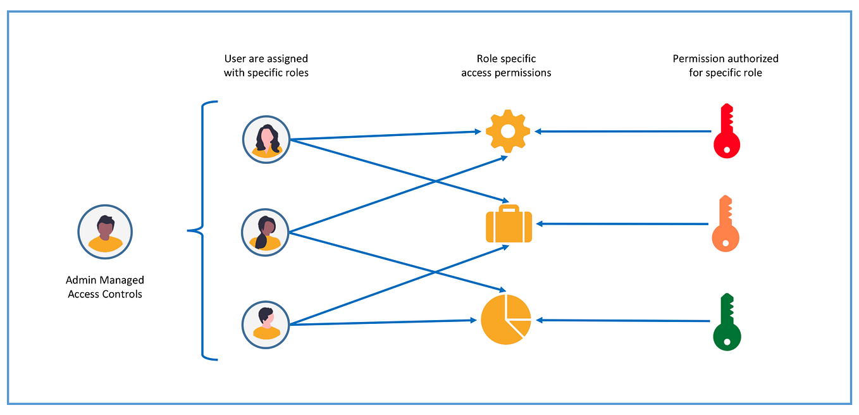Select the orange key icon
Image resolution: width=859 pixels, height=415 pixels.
(x=726, y=225)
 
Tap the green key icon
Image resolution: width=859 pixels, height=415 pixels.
(x=726, y=322)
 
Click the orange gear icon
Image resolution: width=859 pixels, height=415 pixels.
(x=508, y=131)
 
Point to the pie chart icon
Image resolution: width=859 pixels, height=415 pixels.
(x=505, y=319)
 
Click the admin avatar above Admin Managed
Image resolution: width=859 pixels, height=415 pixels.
(x=105, y=232)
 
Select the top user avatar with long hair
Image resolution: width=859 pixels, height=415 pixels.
(x=266, y=139)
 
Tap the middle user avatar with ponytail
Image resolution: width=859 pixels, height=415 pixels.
(x=266, y=232)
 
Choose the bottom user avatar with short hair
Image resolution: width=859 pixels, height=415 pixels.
(x=266, y=325)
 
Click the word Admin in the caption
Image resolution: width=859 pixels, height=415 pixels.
(x=80, y=280)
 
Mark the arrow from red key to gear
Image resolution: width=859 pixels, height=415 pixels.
(x=623, y=132)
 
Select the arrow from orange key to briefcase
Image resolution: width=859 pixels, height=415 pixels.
(x=623, y=224)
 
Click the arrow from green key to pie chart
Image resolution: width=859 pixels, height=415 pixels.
(x=623, y=321)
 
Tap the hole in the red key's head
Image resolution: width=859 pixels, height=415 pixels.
(x=727, y=150)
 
